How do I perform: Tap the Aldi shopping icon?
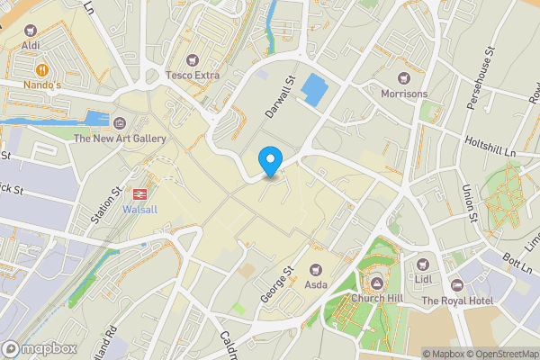[31, 30]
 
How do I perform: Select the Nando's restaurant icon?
[42, 69]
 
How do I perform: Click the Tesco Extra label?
[193, 76]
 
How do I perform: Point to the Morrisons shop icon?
[403, 76]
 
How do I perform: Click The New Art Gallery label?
[120, 139]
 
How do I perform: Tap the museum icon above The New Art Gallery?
[120, 121]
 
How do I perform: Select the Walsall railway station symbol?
[140, 193]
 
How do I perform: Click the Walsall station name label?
[139, 211]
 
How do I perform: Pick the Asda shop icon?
[316, 268]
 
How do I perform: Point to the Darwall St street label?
[275, 98]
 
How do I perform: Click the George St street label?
[278, 283]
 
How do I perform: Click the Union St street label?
[469, 202]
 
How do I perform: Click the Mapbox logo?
[38, 348]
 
